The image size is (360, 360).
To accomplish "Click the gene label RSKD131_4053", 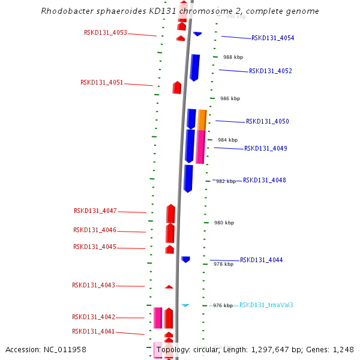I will [106, 33].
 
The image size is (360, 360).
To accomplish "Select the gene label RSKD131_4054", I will [272, 38].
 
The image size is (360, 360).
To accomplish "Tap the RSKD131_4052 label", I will [271, 71].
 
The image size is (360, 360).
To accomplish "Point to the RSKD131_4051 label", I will [102, 83].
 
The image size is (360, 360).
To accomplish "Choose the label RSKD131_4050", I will [267, 122].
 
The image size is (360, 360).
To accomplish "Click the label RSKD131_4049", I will [265, 149].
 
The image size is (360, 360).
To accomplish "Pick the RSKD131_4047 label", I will [95, 211].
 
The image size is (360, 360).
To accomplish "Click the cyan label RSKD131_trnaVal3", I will [266, 305].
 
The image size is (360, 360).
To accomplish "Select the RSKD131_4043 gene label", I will [94, 286].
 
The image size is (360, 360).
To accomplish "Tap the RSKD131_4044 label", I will [261, 260].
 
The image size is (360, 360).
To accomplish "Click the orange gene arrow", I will [202, 119].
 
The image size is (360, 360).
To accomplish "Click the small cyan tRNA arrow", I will [185, 305].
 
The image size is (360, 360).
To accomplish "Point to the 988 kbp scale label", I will [233, 58].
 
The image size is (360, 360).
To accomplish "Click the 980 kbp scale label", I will [224, 223].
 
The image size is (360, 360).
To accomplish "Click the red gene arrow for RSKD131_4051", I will [177, 88].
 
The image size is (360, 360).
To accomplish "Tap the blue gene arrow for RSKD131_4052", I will [194, 67].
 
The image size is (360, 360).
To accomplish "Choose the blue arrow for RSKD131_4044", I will [186, 259].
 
